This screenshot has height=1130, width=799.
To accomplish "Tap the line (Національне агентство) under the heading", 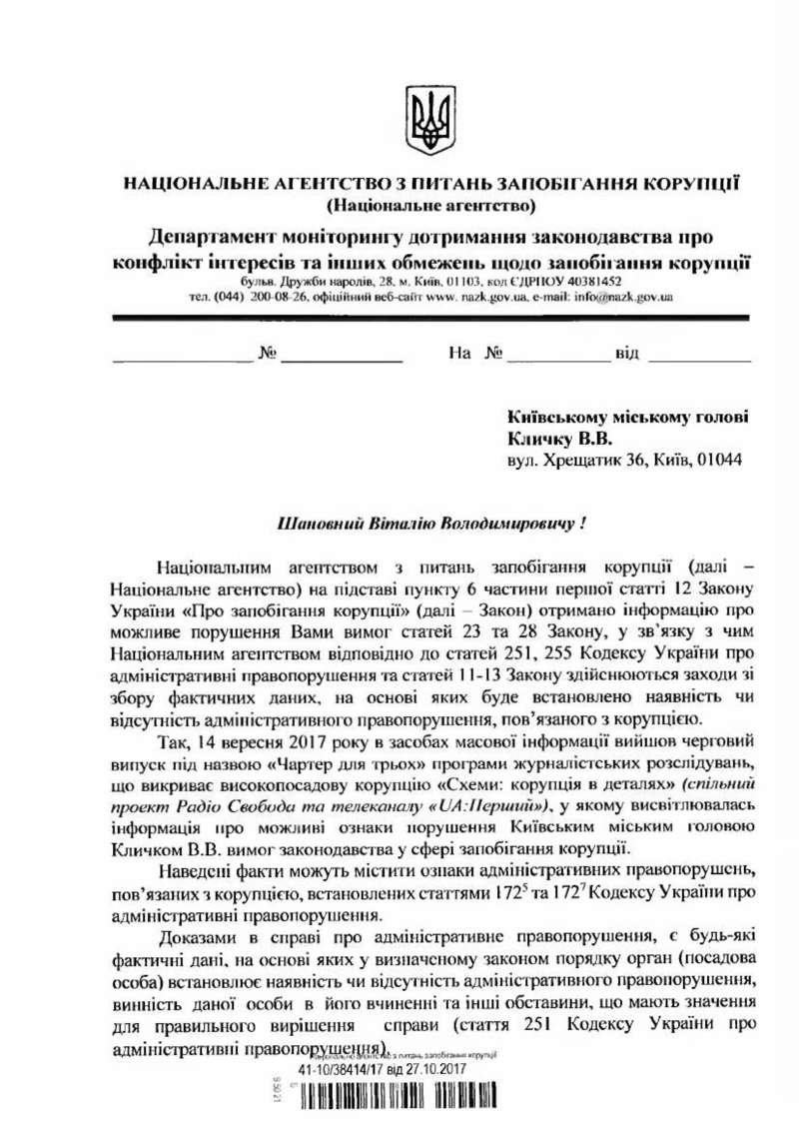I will (x=430, y=207).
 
